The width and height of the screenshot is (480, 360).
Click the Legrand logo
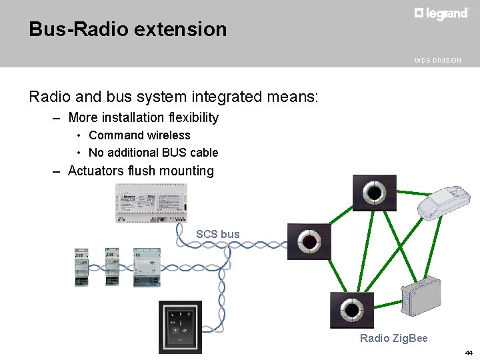click(441, 14)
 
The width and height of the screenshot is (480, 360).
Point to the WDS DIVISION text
click(437, 60)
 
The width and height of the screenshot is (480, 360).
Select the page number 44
click(469, 352)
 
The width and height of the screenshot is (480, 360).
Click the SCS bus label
click(217, 234)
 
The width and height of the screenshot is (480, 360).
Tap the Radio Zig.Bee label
click(393, 338)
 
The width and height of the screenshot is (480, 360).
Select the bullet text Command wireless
click(139, 135)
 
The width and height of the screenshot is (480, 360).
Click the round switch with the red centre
click(309, 241)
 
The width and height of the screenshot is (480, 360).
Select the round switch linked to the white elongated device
click(374, 193)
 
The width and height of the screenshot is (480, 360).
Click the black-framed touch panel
click(179, 327)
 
